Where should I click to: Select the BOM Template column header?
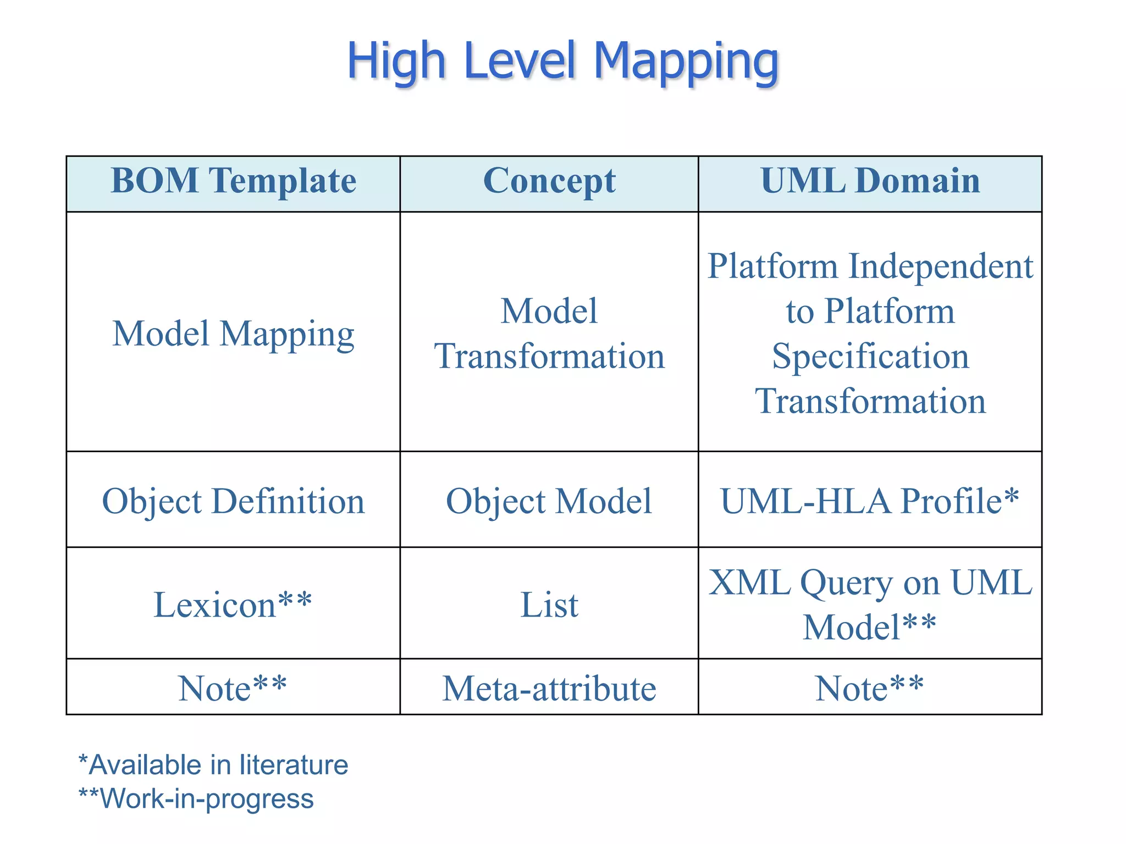(x=233, y=181)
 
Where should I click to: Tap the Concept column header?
(x=549, y=181)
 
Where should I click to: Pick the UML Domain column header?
(x=870, y=181)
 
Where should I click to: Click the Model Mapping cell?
(x=233, y=334)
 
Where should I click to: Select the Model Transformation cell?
(x=549, y=334)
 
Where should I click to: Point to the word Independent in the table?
(x=941, y=266)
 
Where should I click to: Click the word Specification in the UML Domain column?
(x=870, y=356)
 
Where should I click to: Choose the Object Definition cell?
(x=233, y=501)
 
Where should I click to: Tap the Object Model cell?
(x=549, y=501)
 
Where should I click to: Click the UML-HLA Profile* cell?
(x=870, y=501)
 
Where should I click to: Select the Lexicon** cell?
(x=233, y=604)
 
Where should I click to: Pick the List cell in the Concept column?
(x=549, y=604)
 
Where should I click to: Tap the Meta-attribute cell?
(x=549, y=688)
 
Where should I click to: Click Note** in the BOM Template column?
(x=233, y=688)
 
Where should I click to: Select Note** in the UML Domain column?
(x=870, y=688)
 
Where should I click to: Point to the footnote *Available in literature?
(x=213, y=765)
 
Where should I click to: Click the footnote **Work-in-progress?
(x=196, y=798)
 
